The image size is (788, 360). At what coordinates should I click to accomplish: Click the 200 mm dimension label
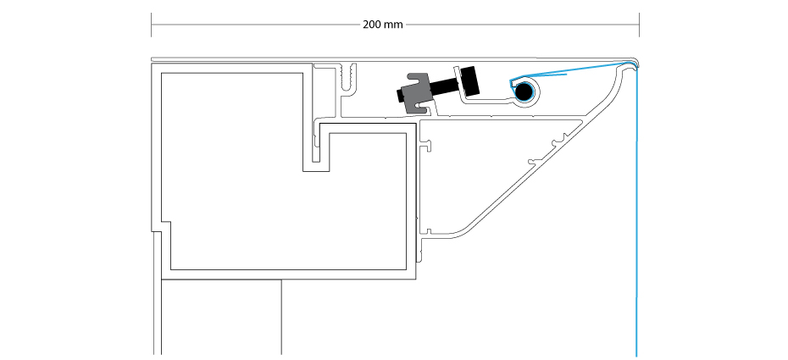click(383, 25)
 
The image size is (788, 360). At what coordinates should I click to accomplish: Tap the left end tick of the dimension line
click(152, 25)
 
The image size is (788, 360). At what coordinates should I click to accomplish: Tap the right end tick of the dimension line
click(639, 25)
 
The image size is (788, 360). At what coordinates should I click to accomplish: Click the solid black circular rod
click(524, 91)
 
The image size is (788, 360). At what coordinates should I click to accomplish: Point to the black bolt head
click(471, 80)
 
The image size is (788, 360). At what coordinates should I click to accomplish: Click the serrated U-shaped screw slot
click(347, 80)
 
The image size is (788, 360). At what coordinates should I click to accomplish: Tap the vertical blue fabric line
click(636, 211)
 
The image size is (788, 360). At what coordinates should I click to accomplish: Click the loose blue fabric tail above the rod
click(539, 76)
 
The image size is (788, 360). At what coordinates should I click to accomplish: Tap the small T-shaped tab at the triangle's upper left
click(427, 145)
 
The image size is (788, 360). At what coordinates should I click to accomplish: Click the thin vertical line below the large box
click(281, 318)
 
